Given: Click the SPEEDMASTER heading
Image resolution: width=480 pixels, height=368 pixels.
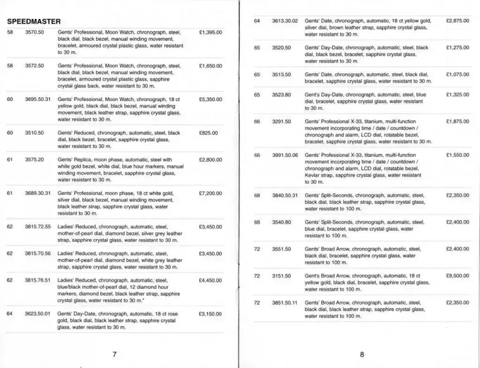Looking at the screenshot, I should pyautogui.click(x=34, y=22).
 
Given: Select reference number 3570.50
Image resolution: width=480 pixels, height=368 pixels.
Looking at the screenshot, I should pyautogui.click(x=34, y=32).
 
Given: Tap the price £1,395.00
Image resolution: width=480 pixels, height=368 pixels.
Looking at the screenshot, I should pyautogui.click(x=210, y=32).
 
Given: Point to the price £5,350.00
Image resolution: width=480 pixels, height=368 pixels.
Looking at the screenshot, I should pyautogui.click(x=210, y=99).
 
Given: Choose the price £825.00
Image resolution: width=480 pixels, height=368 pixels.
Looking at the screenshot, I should pyautogui.click(x=209, y=133).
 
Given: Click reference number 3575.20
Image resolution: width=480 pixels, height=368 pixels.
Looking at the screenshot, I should pyautogui.click(x=34, y=160).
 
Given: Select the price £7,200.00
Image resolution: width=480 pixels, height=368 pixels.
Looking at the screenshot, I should pyautogui.click(x=210, y=193).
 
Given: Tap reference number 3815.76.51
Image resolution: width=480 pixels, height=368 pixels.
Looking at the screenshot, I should pyautogui.click(x=37, y=280).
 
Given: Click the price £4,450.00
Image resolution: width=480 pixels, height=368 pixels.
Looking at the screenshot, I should pyautogui.click(x=210, y=280).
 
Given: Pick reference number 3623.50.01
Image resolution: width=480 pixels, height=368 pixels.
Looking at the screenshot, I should pyautogui.click(x=37, y=314).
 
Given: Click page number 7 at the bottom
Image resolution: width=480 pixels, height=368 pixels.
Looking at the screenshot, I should pyautogui.click(x=114, y=354).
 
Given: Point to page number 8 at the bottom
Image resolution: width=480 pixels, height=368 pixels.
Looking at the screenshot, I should pyautogui.click(x=362, y=354).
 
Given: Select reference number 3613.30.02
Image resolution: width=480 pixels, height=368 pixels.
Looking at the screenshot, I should pyautogui.click(x=285, y=21).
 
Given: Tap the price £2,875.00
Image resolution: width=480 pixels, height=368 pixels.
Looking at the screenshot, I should pyautogui.click(x=457, y=21).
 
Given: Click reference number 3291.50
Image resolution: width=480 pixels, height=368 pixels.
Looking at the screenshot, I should pyautogui.click(x=281, y=121).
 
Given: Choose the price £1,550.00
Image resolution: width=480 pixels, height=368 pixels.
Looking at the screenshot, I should pyautogui.click(x=457, y=155).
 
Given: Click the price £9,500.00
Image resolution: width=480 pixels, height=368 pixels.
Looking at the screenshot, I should pyautogui.click(x=457, y=276).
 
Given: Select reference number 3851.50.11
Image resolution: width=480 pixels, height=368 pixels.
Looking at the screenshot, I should pyautogui.click(x=285, y=303).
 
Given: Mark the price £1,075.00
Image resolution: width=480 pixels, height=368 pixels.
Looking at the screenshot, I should pyautogui.click(x=457, y=75).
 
